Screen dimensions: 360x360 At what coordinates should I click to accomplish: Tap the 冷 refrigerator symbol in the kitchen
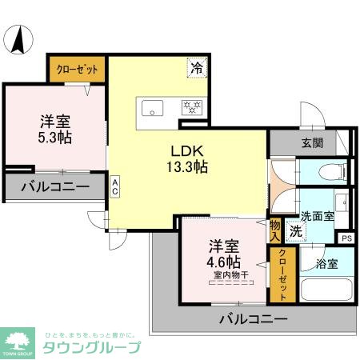pyautogui.click(x=196, y=69)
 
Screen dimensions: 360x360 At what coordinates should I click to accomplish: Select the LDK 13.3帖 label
pyautogui.click(x=188, y=159)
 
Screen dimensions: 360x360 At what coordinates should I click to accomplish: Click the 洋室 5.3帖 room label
pyautogui.click(x=55, y=129)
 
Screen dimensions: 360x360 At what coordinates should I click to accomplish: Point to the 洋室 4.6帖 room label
pyautogui.click(x=225, y=254)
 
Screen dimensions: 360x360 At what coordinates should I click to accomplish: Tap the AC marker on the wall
pyautogui.click(x=115, y=187)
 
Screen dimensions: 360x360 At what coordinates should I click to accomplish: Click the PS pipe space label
pyautogui.click(x=346, y=238)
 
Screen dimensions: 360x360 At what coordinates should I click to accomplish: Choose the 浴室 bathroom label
pyautogui.click(x=327, y=262)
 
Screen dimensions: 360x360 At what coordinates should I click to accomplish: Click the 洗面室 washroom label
pyautogui.click(x=318, y=217)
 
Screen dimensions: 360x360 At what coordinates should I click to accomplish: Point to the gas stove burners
pyautogui.click(x=192, y=106)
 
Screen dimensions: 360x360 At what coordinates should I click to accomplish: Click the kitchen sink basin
pyautogui.click(x=153, y=106)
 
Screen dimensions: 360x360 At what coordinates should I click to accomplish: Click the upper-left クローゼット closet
pyautogui.click(x=78, y=70)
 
